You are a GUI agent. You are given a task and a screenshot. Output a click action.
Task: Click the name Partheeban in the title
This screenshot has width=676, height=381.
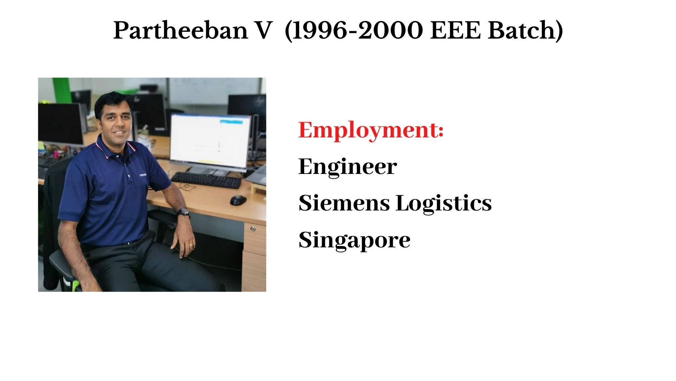pyautogui.click(x=181, y=30)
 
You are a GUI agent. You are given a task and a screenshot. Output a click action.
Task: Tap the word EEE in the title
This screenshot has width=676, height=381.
pyautogui.click(x=455, y=30)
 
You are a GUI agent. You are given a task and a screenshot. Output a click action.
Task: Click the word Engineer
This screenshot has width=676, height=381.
pyautogui.click(x=348, y=166)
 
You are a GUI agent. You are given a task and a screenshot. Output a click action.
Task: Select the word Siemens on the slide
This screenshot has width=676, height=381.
pyautogui.click(x=344, y=203)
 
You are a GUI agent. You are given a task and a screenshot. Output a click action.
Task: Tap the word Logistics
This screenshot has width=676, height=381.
pyautogui.click(x=444, y=204)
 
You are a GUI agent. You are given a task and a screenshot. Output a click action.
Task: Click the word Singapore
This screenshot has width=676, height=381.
pyautogui.click(x=355, y=240)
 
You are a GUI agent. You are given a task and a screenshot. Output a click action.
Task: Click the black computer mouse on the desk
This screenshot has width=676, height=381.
pyautogui.click(x=238, y=200)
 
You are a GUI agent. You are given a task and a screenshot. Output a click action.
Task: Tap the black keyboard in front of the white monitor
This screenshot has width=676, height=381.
pyautogui.click(x=206, y=180)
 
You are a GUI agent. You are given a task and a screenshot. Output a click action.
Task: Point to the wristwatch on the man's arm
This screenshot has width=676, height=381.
pyautogui.click(x=184, y=212)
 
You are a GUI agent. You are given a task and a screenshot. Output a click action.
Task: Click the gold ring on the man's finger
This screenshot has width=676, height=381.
pyautogui.click(x=191, y=244)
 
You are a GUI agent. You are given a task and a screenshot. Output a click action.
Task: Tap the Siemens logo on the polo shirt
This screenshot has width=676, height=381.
pyautogui.click(x=143, y=175)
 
